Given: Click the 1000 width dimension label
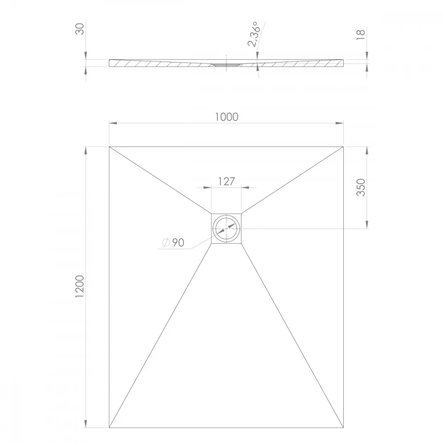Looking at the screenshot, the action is [226, 117].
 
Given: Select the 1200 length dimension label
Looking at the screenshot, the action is [80, 286].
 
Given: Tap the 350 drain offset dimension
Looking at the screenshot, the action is [361, 187].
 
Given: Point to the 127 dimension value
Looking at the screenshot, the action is [226, 181].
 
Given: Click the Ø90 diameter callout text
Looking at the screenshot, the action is [173, 242].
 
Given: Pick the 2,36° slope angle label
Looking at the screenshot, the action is [253, 34].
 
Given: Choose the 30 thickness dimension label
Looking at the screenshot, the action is [80, 29].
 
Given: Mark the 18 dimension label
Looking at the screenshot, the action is [361, 35].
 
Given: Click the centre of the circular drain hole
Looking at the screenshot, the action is [226, 228].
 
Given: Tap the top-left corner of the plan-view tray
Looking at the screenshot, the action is [109, 147].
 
